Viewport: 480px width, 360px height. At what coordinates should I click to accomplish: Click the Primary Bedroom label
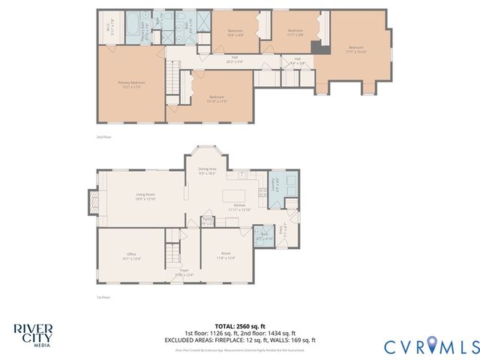130,84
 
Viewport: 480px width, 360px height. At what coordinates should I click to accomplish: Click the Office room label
130,256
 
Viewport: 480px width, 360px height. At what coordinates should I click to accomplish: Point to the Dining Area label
208,171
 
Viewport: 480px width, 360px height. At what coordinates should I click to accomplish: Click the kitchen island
232,196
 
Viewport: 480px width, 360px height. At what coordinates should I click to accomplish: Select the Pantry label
208,221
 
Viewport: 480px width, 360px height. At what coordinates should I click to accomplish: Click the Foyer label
184,273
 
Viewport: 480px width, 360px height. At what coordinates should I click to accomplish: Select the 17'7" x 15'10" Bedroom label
358,49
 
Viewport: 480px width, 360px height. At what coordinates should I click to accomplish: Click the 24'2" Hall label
234,60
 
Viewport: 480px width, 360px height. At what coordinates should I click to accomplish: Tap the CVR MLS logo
431,346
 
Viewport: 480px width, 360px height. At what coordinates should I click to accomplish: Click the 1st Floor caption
104,298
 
